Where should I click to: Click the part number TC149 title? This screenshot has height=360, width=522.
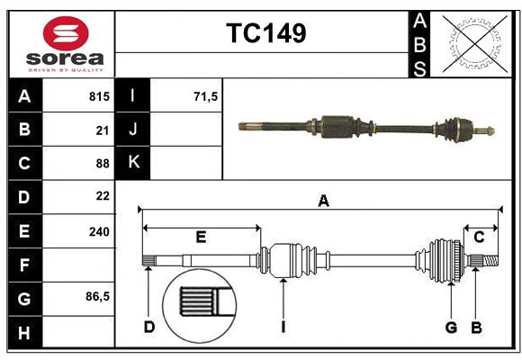point(265,33)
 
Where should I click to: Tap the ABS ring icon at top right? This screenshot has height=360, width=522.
point(473,43)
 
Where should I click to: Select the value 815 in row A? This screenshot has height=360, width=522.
point(99,96)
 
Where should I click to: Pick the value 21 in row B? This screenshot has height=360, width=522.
point(102,130)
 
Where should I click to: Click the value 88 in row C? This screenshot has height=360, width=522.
point(102,163)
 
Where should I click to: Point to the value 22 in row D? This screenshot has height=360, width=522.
point(102,196)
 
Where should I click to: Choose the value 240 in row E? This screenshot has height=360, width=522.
point(99,230)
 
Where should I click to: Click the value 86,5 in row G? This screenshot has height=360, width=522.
point(97,297)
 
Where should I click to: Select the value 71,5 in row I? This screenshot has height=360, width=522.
point(206,96)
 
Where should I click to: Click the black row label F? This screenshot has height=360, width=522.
point(24,265)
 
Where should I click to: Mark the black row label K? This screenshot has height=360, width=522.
point(134,163)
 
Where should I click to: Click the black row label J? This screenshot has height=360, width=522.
point(134,130)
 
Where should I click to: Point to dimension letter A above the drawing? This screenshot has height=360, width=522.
point(323,202)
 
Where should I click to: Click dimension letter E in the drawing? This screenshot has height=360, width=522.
point(202,238)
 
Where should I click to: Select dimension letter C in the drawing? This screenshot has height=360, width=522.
point(480,237)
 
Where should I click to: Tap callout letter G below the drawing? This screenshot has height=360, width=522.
point(451,327)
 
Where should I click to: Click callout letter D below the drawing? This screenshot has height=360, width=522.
point(148,327)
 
